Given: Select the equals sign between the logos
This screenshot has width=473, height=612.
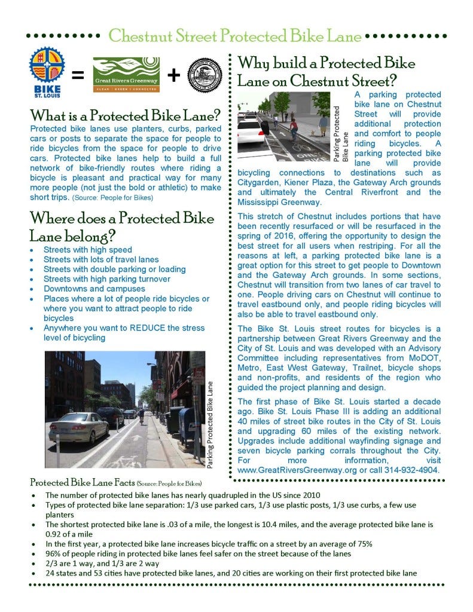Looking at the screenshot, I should point(77,76).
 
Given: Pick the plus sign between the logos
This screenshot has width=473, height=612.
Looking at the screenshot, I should point(173,75).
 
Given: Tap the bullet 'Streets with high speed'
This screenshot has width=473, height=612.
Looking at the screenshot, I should point(88,250).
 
